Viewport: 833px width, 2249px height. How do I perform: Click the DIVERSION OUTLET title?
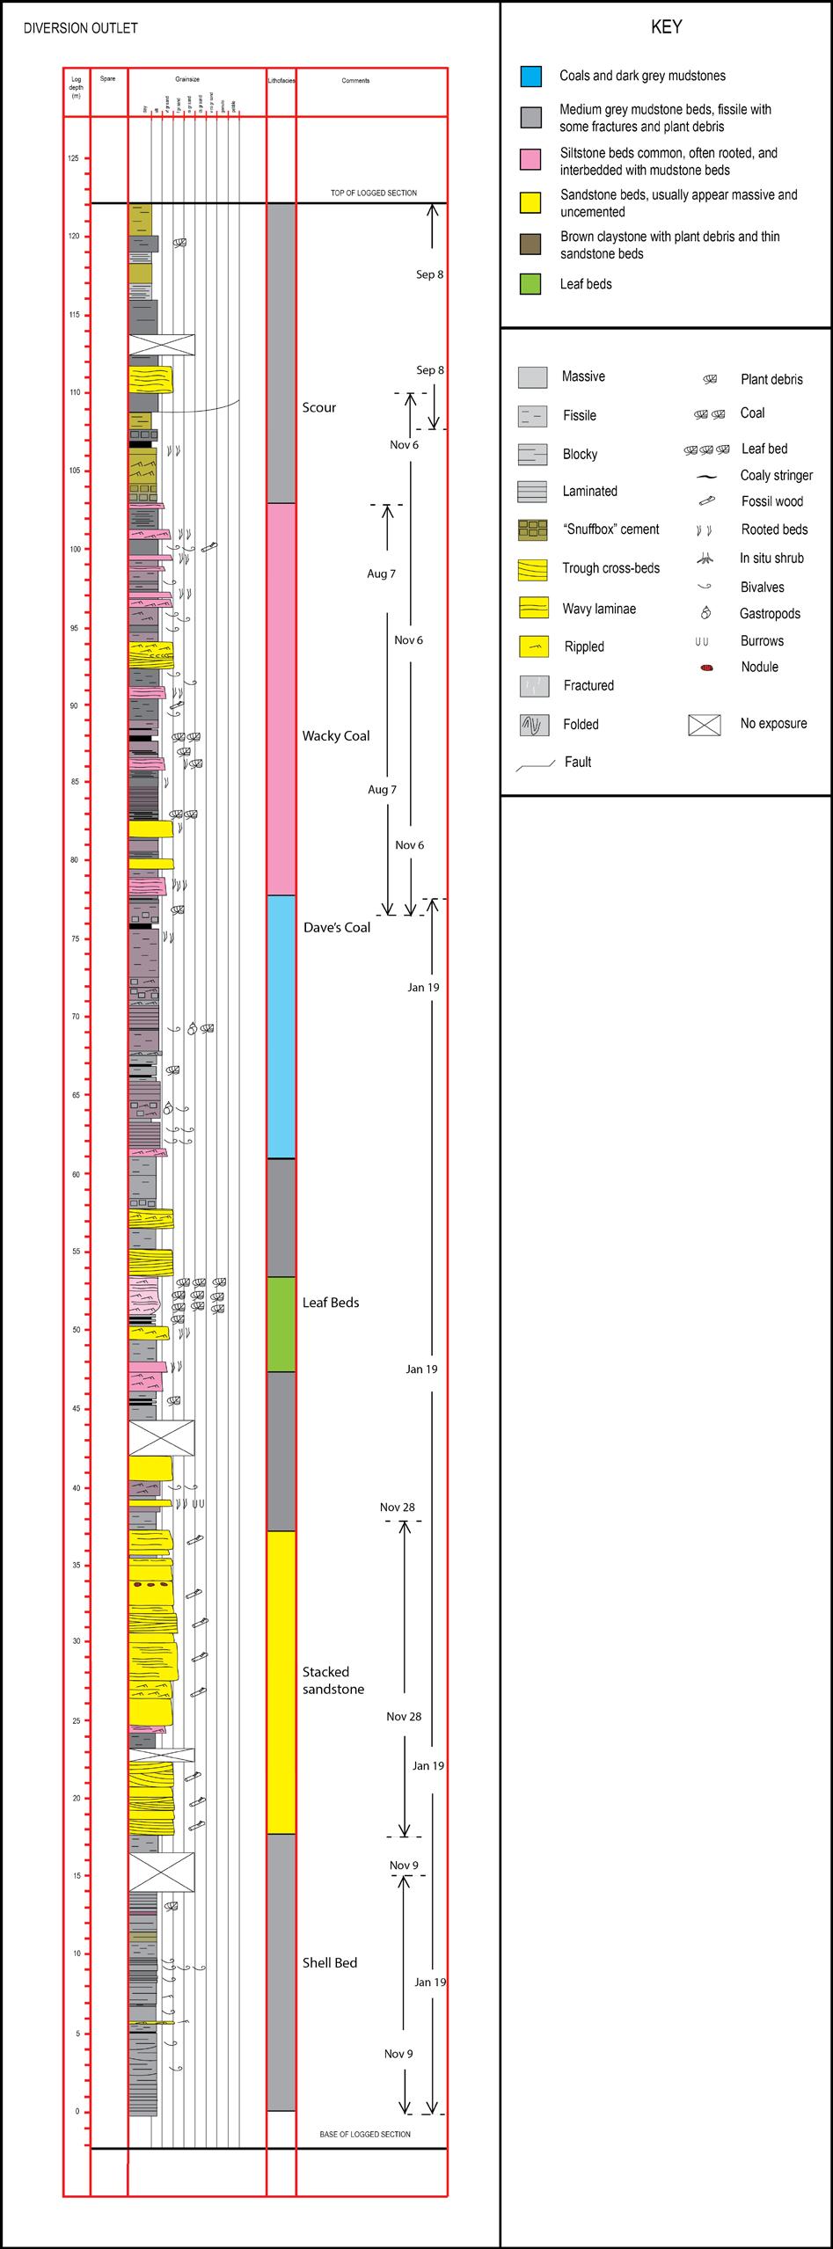pos(80,28)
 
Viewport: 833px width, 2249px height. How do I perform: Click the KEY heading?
pos(666,27)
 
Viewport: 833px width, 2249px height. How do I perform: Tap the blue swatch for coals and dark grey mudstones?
pos(530,76)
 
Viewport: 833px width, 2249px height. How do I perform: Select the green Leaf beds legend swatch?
pos(530,283)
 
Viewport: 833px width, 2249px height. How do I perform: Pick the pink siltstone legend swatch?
pos(530,161)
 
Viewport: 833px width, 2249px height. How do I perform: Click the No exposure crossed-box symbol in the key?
pos(705,724)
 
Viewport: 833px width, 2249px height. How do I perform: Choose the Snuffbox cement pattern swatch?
pos(533,529)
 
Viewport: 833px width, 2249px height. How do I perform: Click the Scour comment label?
pos(319,407)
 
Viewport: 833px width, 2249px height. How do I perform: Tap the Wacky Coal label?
pos(336,735)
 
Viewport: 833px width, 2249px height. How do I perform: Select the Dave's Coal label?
pos(337,927)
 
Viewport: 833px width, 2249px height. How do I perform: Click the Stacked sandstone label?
pos(332,1680)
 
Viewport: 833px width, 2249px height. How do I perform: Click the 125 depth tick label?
pos(72,158)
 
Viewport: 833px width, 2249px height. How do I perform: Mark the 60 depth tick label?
pos(75,1174)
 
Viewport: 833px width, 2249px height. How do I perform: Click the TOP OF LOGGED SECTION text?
pos(374,193)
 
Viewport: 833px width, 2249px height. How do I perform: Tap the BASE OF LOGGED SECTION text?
pos(365,2134)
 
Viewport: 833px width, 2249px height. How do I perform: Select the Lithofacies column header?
pos(281,81)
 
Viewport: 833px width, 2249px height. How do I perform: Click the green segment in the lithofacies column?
pos(281,1324)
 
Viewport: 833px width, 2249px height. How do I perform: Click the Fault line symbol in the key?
pos(535,764)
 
